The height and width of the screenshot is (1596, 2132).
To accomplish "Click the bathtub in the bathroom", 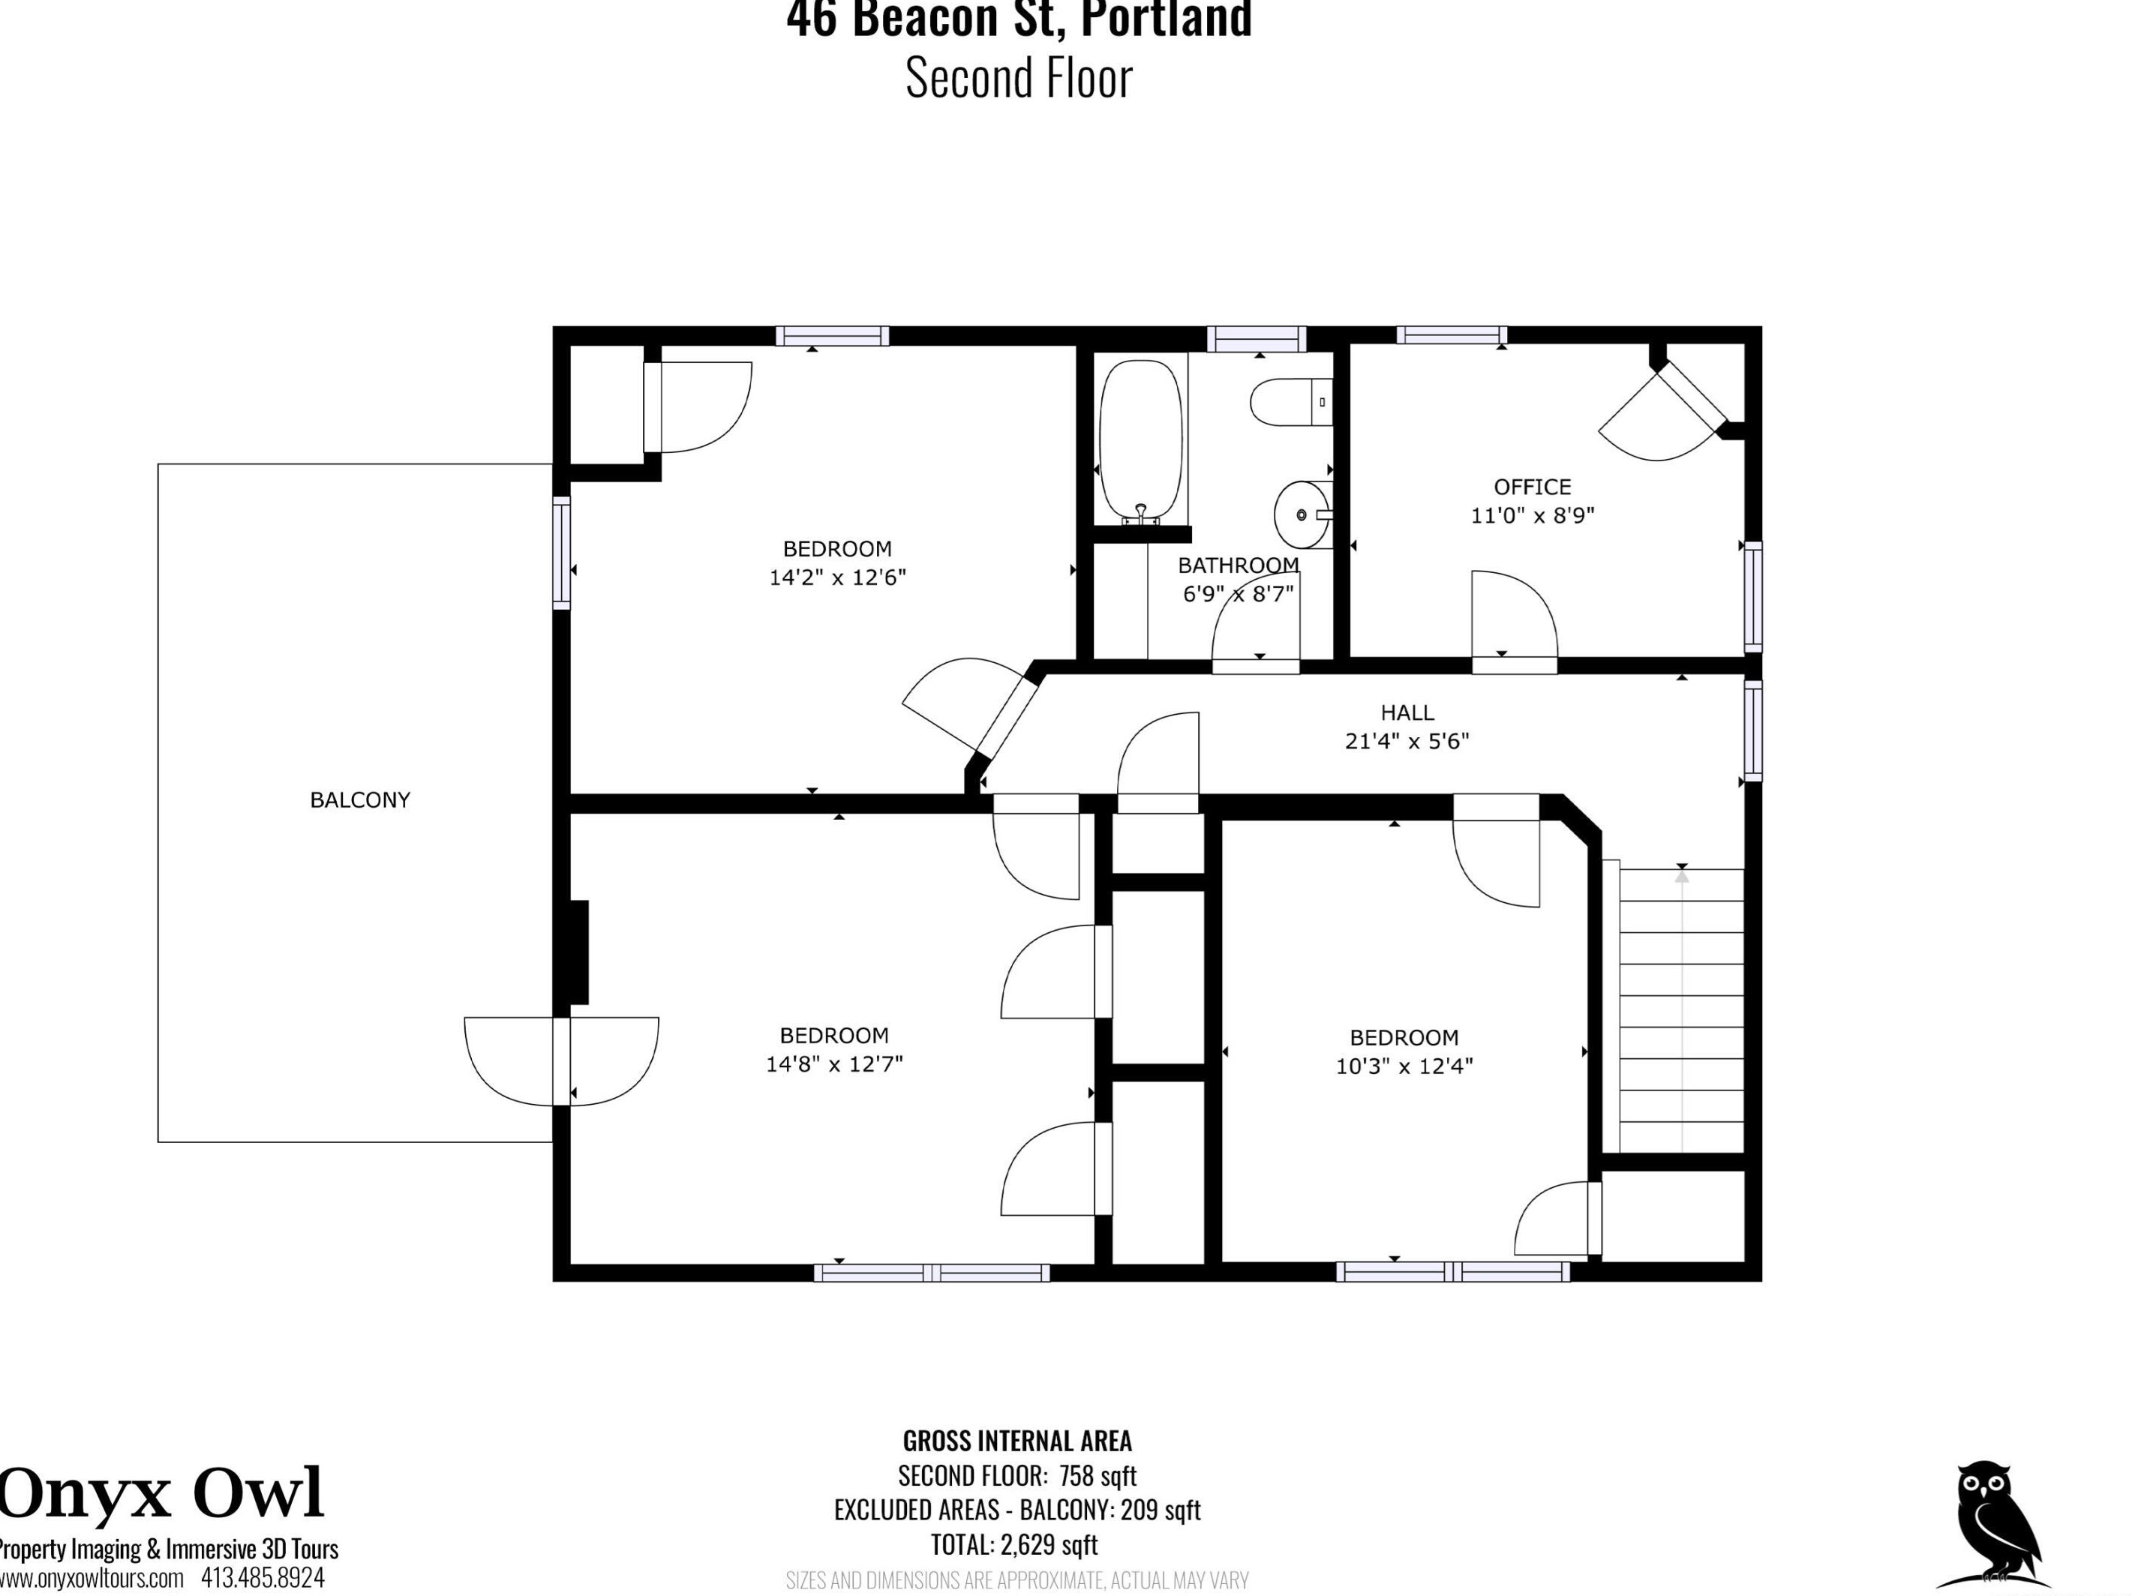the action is (1141, 442).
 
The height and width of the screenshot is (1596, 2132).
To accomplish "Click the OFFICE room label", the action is (1533, 487).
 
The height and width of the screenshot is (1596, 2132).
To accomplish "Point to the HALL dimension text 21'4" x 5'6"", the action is (1407, 741).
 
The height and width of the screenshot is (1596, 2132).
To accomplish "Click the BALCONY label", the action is (359, 800).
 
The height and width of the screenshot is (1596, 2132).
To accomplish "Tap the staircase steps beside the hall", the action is (1681, 1010).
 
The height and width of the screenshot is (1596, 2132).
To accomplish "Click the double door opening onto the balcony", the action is (562, 1061).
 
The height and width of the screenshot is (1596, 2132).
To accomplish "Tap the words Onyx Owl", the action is (161, 1494).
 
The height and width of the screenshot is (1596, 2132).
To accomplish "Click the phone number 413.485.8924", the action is (263, 1579).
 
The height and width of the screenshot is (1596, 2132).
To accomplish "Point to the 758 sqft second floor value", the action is (1098, 1475).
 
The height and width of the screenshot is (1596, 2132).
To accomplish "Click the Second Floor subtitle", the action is (1019, 78).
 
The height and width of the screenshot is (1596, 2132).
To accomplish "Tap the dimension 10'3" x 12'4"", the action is (1404, 1066).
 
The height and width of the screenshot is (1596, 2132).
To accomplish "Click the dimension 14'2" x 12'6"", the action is (837, 577).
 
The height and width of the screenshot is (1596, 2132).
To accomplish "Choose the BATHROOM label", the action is (1239, 565).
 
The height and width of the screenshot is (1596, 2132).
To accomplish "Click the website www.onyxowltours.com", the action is (92, 1579).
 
